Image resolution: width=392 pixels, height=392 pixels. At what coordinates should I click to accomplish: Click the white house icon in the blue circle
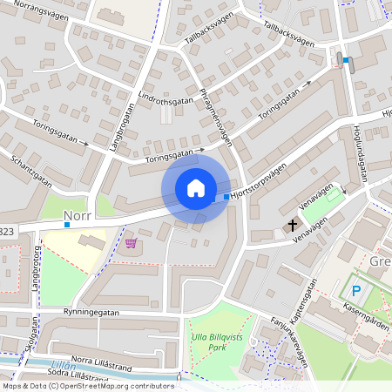pos(196,188)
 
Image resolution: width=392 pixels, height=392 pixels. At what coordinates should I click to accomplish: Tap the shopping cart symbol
pos(132,242)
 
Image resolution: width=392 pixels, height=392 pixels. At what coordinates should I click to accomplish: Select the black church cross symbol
pos(290,226)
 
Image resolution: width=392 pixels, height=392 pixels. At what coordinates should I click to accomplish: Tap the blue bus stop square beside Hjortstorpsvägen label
pos(227,198)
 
